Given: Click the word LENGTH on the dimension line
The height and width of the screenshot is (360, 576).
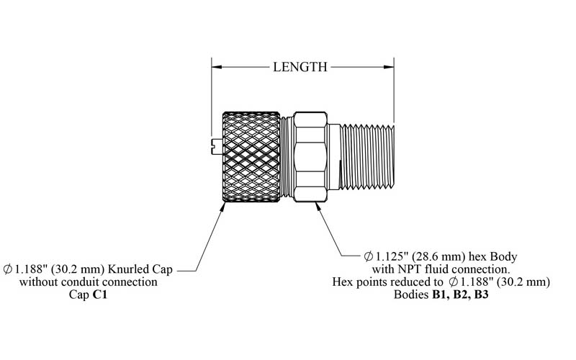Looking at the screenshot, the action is tap(300, 67).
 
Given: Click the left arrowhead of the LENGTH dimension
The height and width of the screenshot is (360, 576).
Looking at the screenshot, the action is tap(217, 67).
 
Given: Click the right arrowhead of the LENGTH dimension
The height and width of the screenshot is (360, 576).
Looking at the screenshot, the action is tap(389, 67).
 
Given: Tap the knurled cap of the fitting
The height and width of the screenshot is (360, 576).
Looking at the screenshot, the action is tap(251, 156).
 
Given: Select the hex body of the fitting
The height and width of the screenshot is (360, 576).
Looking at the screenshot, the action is tap(310, 156).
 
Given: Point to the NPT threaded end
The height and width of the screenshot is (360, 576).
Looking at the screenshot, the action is tap(366, 157).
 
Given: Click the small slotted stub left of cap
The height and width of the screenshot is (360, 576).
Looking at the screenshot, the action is tap(217, 146).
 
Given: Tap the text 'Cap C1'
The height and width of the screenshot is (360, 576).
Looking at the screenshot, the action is tap(88, 294).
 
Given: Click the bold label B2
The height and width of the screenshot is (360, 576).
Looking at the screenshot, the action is tap(461, 294).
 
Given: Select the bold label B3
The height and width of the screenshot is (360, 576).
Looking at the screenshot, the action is tap(481, 294).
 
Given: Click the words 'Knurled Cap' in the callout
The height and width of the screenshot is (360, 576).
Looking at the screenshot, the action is tap(140, 269).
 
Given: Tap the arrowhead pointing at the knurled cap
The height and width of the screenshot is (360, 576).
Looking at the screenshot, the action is tap(222, 207).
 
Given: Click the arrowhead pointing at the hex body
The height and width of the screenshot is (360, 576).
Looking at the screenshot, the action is tap(318, 207).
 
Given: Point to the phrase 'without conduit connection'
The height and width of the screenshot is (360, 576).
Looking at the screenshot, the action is tap(88, 282).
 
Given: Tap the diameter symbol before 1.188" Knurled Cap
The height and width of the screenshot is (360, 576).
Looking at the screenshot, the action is tap(7, 269).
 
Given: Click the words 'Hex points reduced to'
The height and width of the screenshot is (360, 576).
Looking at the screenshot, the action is tap(387, 282).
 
